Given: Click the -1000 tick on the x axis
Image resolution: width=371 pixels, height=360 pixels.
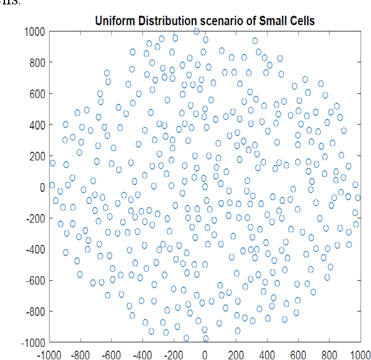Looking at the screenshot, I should tap(50, 354).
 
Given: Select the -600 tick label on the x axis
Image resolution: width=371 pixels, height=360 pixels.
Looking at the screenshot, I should tap(111, 354).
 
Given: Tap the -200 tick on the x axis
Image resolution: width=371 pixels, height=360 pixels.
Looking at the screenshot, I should tap(174, 354).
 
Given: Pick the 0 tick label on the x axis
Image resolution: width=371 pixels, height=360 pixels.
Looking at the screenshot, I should tap(205, 354).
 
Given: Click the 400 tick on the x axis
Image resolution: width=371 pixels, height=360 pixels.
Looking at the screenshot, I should tap(267, 354).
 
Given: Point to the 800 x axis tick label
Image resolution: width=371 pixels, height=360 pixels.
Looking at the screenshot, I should tap(329, 354).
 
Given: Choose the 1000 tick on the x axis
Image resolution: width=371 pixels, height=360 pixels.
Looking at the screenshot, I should tap(359, 354).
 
